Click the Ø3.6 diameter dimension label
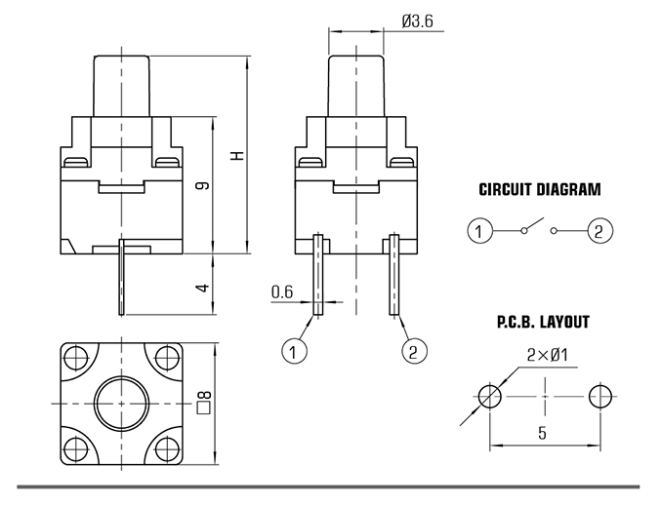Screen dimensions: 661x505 (x=417, y=21)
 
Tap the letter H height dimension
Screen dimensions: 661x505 (x=237, y=155)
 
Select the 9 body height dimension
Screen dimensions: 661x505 (x=203, y=185)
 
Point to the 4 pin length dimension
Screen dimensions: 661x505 (x=203, y=288)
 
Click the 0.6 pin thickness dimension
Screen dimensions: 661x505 (x=281, y=291)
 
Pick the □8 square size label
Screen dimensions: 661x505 (x=204, y=402)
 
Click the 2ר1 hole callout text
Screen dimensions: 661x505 (x=547, y=355)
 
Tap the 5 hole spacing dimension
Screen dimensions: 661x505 (x=542, y=432)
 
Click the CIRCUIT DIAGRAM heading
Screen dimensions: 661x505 (x=540, y=189)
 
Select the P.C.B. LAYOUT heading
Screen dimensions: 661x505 (x=543, y=322)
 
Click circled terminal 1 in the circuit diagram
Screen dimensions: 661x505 (x=479, y=231)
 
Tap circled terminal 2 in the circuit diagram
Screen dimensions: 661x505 (x=599, y=231)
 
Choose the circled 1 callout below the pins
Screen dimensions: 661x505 (x=294, y=351)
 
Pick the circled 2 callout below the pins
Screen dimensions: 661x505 (x=414, y=351)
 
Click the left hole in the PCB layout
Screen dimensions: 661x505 (x=490, y=396)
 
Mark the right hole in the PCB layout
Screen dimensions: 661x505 (x=600, y=396)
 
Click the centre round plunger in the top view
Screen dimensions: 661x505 (x=121, y=404)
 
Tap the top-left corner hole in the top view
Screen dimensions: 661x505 (x=76, y=358)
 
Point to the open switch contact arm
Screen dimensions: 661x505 (x=534, y=224)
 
